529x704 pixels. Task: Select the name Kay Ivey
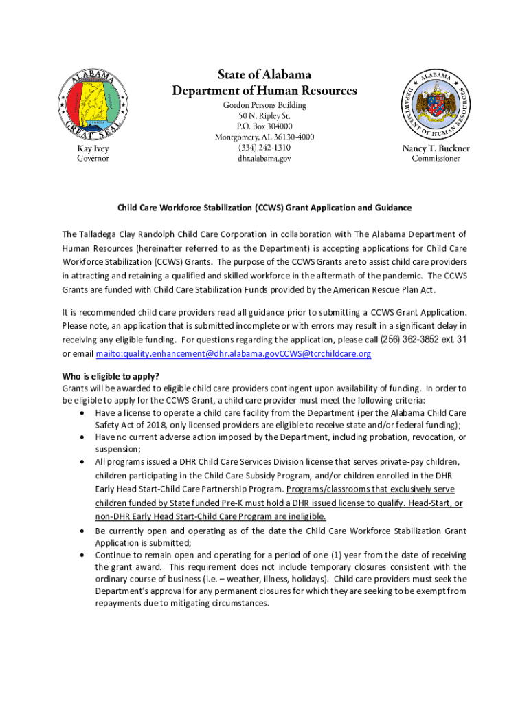tap(92, 148)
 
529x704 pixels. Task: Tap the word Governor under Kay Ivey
tap(92, 159)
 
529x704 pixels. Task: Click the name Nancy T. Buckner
tap(436, 148)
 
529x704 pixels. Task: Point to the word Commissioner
tap(436, 159)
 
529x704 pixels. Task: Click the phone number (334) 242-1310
tap(264, 148)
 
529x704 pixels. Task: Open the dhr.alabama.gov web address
tap(264, 159)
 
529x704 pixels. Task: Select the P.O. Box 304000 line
tap(264, 126)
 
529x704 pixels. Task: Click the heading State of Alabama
tap(264, 74)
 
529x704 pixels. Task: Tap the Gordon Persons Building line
tap(264, 105)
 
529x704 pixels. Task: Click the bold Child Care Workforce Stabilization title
tap(264, 208)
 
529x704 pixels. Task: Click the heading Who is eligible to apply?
tap(111, 375)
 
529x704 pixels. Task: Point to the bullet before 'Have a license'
tap(83, 413)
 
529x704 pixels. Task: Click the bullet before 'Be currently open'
tap(83, 531)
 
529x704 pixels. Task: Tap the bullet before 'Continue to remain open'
tap(83, 555)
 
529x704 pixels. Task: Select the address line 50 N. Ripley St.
tap(264, 116)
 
